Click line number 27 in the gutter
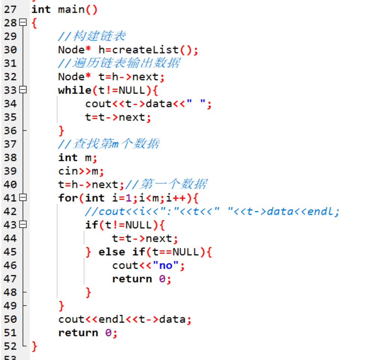(10, 9)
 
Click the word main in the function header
(71, 9)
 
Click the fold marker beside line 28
(23, 23)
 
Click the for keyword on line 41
(68, 198)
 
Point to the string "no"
(166, 265)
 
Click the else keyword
(112, 252)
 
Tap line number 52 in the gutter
(10, 346)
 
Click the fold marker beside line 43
(23, 225)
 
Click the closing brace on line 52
(34, 346)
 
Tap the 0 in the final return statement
(108, 333)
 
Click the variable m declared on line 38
(88, 158)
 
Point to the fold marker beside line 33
(23, 90)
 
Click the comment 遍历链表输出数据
(119, 63)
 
